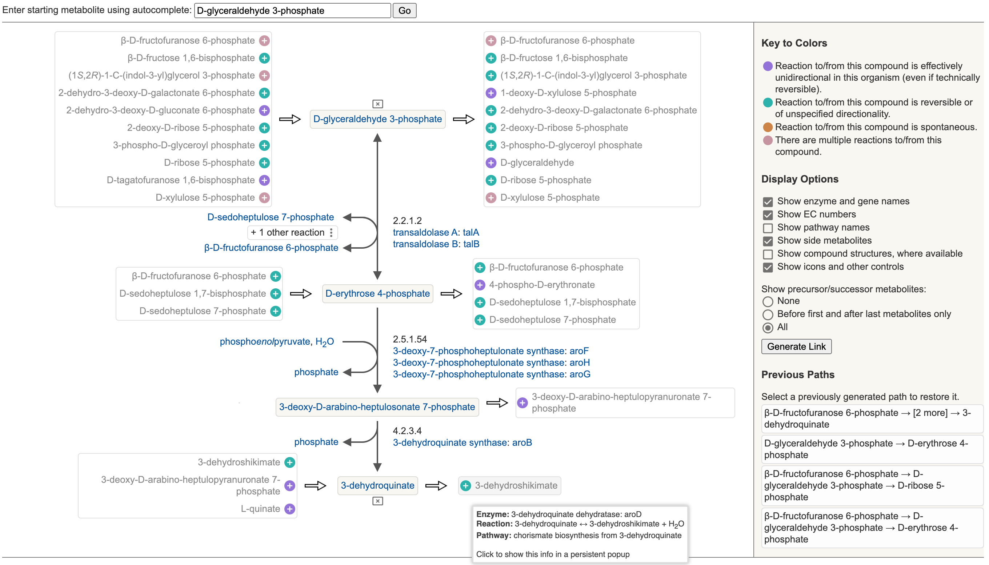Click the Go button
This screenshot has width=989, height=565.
tap(404, 11)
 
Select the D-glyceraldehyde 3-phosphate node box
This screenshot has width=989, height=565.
tap(377, 119)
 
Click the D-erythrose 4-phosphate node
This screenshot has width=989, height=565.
tap(377, 294)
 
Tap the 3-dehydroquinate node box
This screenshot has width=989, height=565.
tap(377, 485)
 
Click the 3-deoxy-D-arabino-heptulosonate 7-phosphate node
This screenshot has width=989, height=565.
tap(377, 407)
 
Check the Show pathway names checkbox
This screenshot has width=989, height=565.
tap(768, 228)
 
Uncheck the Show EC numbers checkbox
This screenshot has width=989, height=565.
tap(768, 215)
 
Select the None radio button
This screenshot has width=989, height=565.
tap(768, 301)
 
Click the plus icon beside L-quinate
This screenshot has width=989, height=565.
tap(289, 509)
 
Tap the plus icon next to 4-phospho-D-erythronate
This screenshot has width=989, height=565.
tap(480, 285)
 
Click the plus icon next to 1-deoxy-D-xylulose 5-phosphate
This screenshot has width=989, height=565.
tap(491, 93)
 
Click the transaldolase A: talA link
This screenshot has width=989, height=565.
tap(435, 232)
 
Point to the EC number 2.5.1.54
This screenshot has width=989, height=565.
tap(409, 339)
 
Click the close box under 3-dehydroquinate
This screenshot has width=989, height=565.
tap(377, 501)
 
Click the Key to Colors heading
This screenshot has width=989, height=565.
tap(794, 43)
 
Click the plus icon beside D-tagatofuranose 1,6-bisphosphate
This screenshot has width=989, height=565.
tap(264, 180)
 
